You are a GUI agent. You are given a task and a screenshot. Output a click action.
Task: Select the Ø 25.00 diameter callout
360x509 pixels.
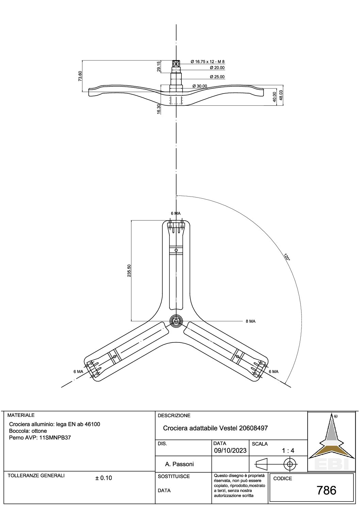tap(217, 77)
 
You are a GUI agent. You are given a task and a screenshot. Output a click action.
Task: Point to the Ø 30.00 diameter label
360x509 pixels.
tap(200, 86)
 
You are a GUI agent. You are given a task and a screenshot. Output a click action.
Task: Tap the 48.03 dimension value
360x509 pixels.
tap(281, 96)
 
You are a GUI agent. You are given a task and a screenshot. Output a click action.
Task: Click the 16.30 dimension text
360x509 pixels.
tap(159, 109)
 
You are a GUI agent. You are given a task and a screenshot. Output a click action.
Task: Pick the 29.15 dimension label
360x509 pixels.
tap(159, 66)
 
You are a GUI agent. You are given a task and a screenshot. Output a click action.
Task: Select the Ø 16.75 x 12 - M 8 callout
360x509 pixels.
tap(208, 62)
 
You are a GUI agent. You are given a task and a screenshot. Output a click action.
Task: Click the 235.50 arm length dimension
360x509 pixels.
tap(129, 270)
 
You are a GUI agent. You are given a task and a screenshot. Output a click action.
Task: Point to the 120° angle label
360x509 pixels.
tap(287, 257)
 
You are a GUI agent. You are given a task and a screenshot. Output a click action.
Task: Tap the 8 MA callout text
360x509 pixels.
tap(250, 321)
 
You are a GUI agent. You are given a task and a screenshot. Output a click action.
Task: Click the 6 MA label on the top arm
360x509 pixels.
tap(176, 214)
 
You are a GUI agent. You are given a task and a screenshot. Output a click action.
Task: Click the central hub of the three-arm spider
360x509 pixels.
tap(176, 321)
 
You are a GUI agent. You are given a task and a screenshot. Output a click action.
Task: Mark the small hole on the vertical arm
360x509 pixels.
tap(176, 250)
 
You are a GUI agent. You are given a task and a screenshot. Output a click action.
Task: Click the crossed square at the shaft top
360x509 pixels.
tap(176, 63)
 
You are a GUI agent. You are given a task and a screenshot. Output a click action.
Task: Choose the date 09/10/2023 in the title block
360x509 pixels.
tap(230, 451)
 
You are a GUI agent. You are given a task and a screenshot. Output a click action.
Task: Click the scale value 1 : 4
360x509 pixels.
tap(288, 451)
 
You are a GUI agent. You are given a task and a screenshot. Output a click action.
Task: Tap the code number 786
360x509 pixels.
tap(326, 490)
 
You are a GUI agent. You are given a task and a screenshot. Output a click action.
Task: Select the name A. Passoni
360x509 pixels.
tap(179, 464)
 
